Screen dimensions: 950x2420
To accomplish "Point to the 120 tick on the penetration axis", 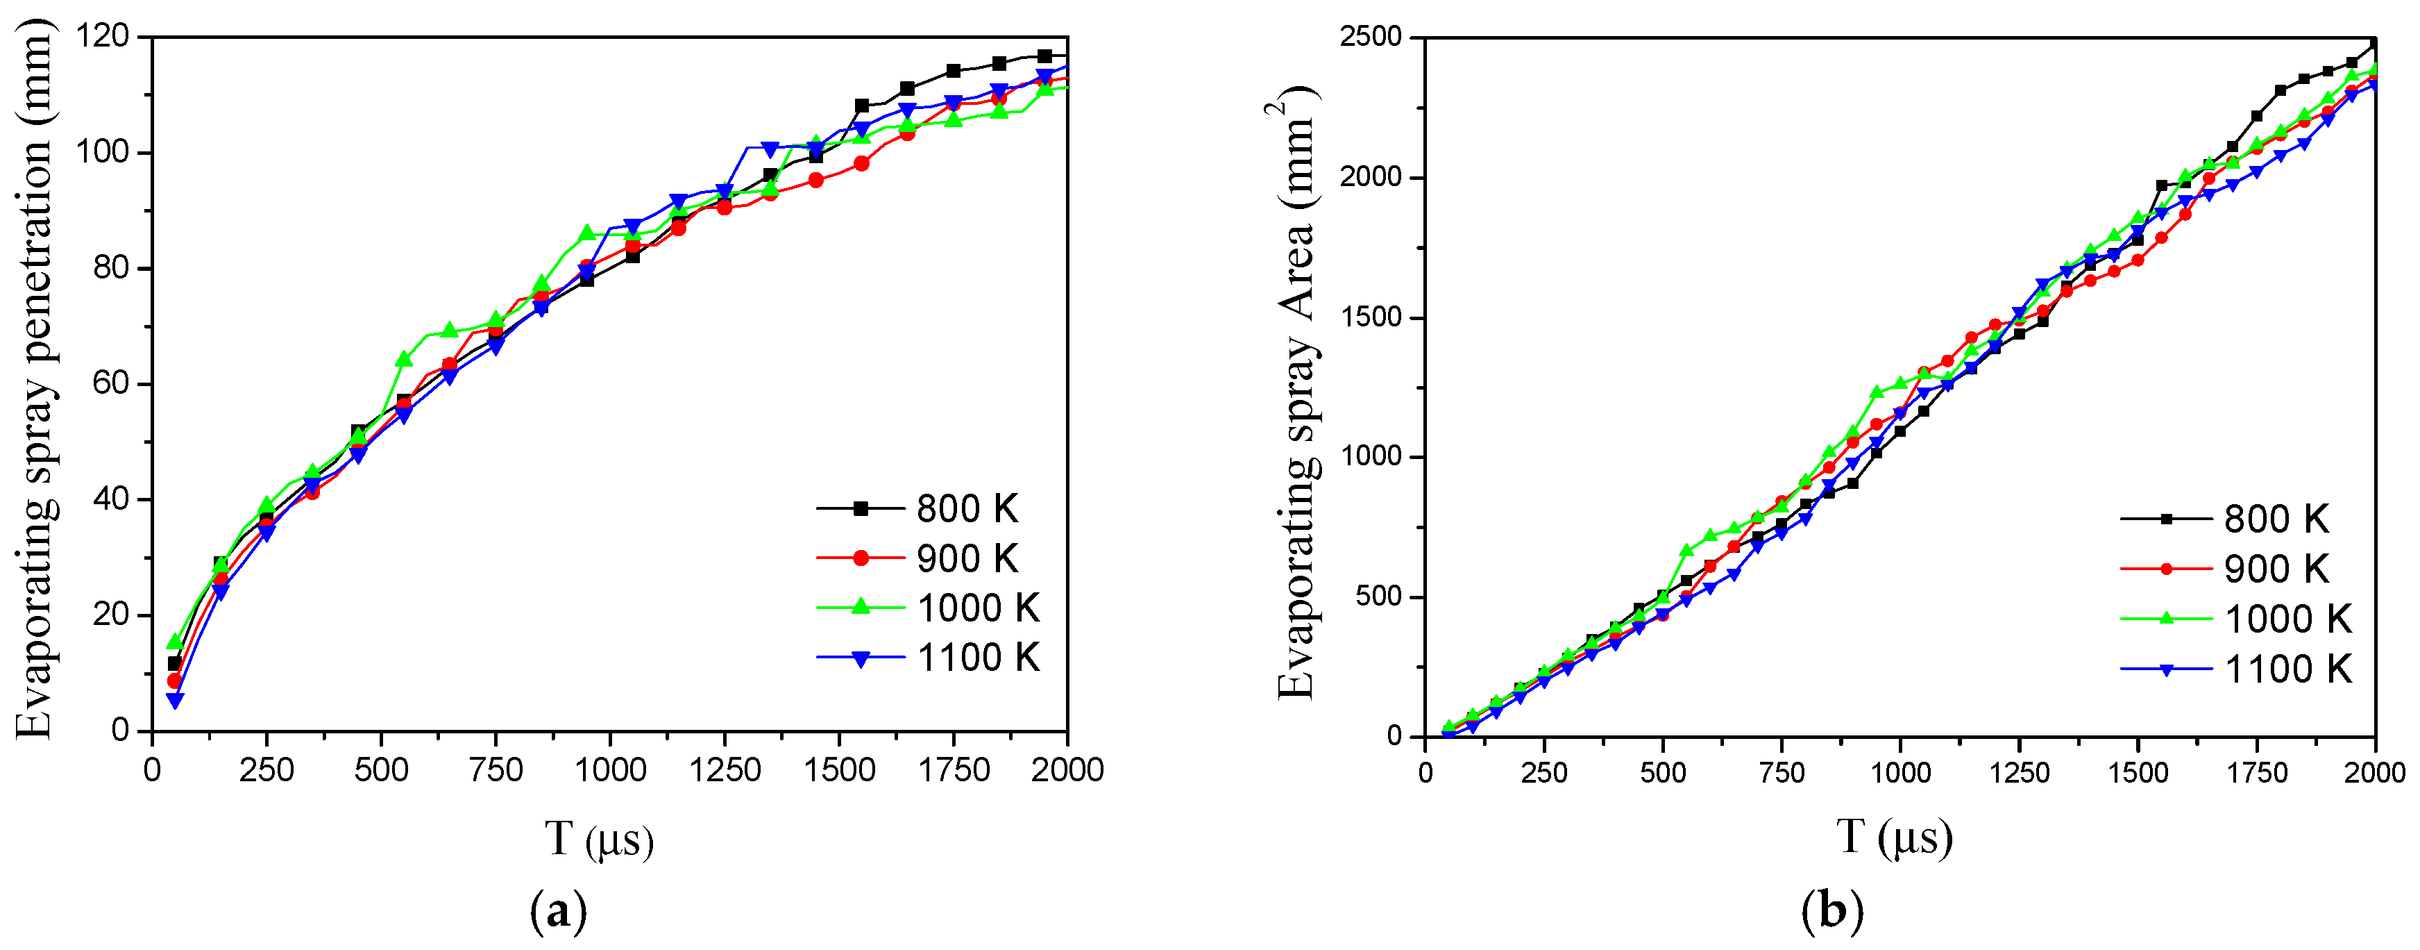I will coord(103,37).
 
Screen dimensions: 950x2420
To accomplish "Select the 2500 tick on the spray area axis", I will coord(1371,37).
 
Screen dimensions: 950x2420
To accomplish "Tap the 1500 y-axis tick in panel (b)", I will coord(1371,317).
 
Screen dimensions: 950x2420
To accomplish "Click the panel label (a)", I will coord(558,910).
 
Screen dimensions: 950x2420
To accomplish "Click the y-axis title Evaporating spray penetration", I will coord(35,381).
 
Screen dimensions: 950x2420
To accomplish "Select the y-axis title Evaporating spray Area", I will coord(1297,394).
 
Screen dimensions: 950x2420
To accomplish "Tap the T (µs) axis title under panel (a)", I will coord(598,838).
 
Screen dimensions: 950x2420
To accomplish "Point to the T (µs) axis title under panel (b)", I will coord(1894,836).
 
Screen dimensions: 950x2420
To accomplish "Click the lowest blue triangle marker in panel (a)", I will coord(175,701).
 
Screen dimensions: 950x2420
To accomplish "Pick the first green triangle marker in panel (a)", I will coord(175,642).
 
